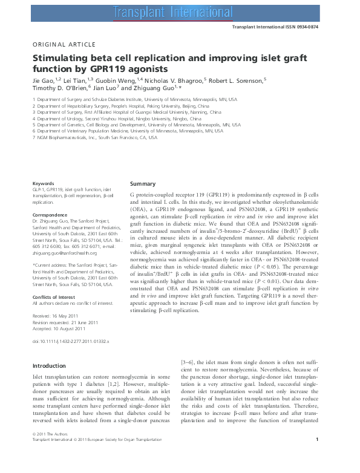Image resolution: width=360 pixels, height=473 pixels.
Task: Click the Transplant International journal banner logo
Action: (x=180, y=10)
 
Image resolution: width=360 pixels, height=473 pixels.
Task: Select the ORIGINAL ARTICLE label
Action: (x=64, y=45)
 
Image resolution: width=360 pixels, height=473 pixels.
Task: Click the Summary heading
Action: (x=143, y=184)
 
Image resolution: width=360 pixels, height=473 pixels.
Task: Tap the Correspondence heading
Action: (x=50, y=214)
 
